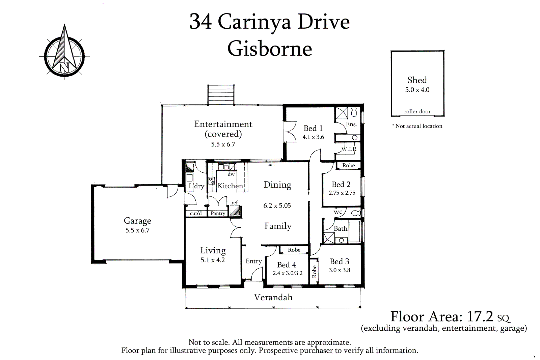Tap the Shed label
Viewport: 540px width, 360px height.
pos(417,80)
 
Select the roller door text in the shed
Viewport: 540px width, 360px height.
pos(417,111)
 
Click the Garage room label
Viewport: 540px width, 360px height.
pos(137,221)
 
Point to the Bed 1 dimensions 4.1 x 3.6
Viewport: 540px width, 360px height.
pos(313,137)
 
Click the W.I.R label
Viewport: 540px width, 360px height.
pos(349,149)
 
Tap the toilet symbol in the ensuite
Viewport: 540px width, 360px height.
pos(354,112)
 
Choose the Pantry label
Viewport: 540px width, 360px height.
pos(218,213)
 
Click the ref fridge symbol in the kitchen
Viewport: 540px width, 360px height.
pos(235,211)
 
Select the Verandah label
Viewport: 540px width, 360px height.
pos(273,297)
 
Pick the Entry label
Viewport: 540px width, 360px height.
pos(253,261)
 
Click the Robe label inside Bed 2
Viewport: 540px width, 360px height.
pos(349,165)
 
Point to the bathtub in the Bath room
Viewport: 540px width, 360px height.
pos(354,231)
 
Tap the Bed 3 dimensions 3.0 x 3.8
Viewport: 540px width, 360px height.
pos(340,270)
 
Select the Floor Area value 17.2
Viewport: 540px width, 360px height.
pos(480,316)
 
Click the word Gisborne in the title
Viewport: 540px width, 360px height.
pos(269,49)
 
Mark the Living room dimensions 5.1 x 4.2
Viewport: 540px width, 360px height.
pos(213,260)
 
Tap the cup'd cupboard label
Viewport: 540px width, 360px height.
pos(196,213)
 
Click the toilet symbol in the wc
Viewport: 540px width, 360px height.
pos(356,213)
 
